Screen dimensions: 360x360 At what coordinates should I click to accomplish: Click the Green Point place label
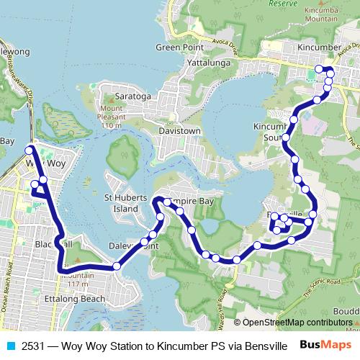176,48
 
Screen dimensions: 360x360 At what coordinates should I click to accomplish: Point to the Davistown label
159,132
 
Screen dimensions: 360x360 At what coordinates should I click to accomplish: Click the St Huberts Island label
126,203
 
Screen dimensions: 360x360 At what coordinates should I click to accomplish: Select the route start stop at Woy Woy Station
30,150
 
